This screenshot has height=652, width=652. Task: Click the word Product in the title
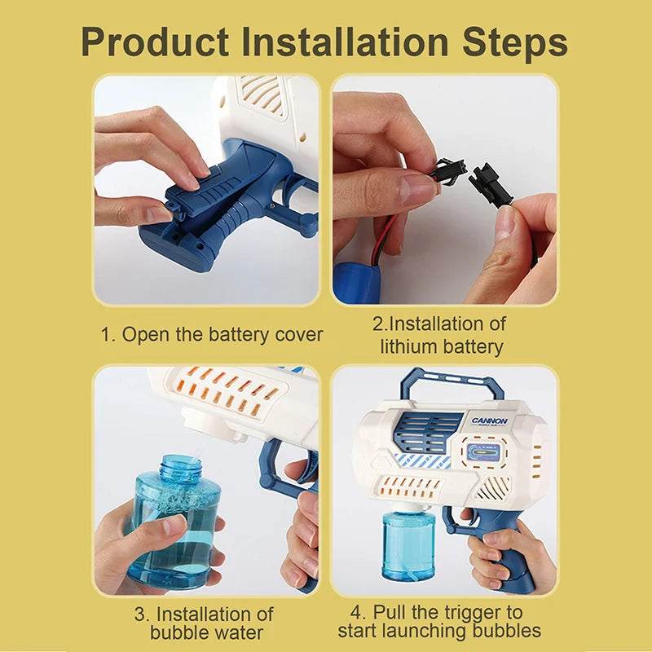[155, 42]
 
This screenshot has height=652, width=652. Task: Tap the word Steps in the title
[515, 45]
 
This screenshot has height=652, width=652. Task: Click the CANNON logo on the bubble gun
[490, 421]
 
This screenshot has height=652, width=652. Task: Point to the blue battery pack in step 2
[357, 282]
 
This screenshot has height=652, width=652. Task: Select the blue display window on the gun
[483, 452]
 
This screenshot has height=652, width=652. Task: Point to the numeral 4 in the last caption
[357, 612]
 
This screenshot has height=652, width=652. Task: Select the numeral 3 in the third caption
[140, 615]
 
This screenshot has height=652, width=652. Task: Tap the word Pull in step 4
[388, 612]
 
